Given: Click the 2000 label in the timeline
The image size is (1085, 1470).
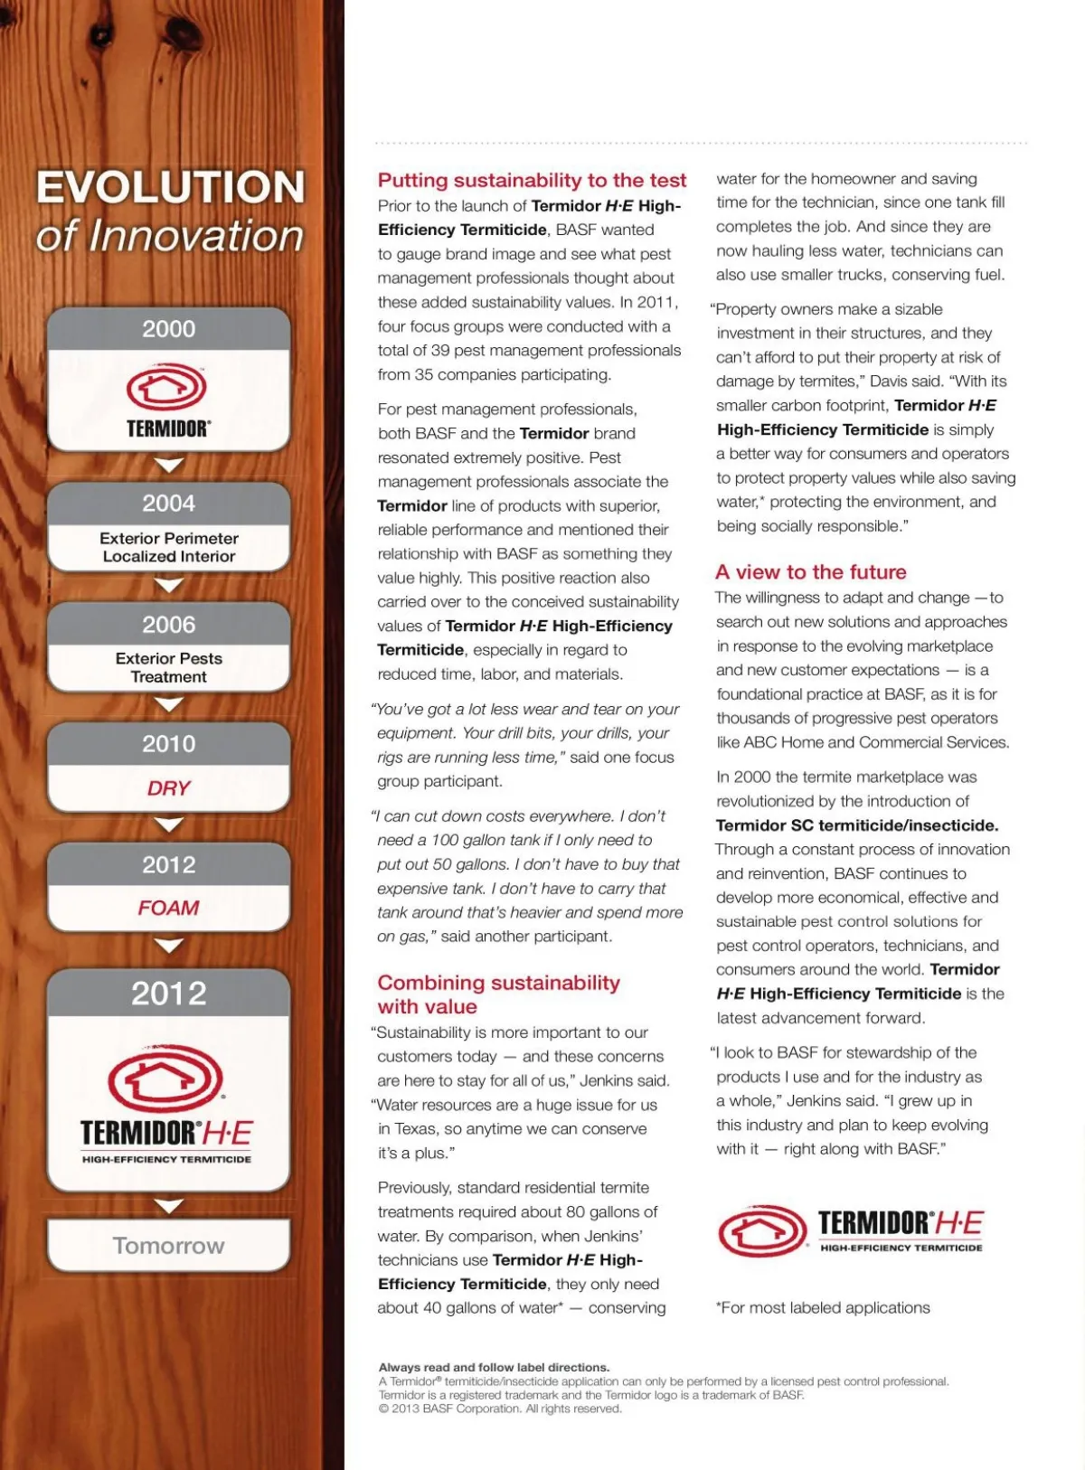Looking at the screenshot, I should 169,329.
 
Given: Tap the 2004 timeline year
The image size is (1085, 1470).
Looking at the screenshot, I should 169,504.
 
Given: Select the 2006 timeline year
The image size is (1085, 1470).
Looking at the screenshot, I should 169,625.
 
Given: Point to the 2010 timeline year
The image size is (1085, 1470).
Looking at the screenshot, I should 169,744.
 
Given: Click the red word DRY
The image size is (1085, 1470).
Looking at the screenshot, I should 169,788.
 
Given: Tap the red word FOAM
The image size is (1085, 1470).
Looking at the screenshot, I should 169,908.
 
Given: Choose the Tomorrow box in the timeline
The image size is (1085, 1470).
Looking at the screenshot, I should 169,1246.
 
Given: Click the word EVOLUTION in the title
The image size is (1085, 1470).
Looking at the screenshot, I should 171,188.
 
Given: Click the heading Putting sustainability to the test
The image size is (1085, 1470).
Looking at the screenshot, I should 532,180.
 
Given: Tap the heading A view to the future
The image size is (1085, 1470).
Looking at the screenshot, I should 810,572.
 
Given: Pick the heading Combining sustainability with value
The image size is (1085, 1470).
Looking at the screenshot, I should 498,994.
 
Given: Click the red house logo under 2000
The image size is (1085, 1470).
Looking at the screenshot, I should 167,388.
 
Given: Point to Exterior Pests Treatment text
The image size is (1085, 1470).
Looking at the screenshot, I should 169,668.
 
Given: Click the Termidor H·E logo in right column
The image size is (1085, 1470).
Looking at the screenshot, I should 850,1230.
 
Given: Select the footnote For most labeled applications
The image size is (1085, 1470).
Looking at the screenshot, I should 823,1307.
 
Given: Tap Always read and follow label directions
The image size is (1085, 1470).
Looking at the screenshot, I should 494,1367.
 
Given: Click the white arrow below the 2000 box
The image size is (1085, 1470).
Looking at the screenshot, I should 169,465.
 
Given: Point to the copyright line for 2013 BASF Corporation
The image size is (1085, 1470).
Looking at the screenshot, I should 500,1409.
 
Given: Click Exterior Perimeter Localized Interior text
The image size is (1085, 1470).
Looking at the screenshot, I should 169,547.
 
